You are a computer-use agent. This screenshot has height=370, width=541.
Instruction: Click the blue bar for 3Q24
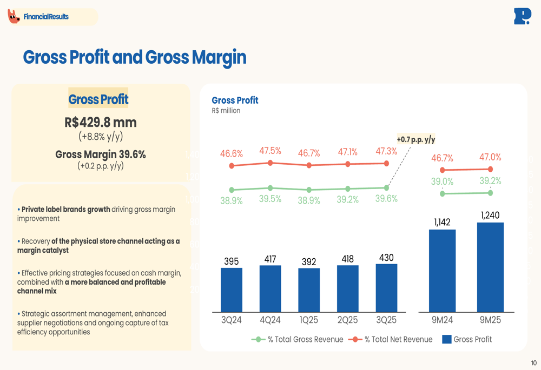point(232,290)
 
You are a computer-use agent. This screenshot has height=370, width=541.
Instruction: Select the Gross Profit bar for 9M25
point(490,267)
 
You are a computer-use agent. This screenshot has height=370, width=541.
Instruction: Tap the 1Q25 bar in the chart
point(309,290)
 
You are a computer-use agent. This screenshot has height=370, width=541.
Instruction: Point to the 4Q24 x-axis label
point(270,320)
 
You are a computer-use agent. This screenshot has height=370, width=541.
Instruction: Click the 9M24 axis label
point(443,320)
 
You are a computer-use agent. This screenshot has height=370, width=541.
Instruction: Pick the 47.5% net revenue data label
point(270,151)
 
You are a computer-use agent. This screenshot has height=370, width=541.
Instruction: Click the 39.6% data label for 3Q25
point(386,199)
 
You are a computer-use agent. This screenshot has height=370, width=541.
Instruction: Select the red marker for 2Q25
point(348,164)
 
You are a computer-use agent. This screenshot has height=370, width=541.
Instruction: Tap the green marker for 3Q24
point(232,190)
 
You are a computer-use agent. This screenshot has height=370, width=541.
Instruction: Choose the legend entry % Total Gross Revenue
point(298,339)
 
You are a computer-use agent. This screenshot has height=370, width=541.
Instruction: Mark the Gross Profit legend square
point(447,339)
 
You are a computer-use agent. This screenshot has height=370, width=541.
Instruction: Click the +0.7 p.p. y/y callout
point(416,139)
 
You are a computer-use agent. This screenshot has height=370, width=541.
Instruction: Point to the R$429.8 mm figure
point(101,122)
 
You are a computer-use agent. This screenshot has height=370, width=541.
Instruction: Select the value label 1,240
point(490,215)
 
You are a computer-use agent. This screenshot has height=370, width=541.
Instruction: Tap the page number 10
point(534,363)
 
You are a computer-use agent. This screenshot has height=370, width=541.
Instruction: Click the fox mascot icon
point(14,16)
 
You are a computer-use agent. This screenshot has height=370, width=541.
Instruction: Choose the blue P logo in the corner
point(522,16)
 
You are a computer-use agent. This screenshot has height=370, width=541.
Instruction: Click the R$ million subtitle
point(226,111)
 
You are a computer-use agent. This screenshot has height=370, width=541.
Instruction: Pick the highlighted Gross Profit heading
point(98,99)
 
